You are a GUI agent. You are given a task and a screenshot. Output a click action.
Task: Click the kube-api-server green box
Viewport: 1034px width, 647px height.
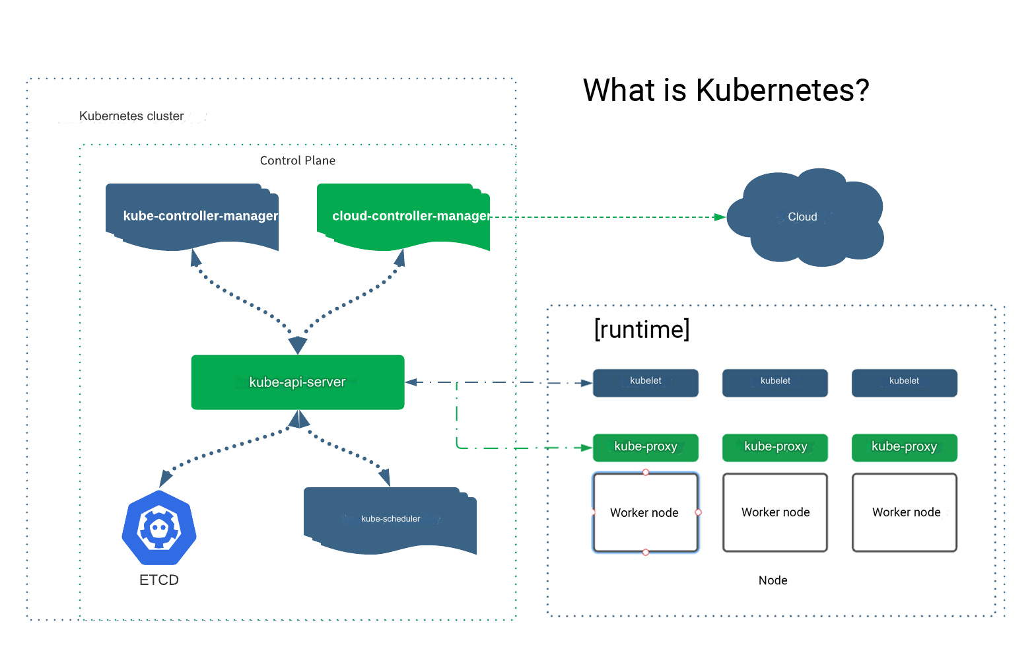[297, 382]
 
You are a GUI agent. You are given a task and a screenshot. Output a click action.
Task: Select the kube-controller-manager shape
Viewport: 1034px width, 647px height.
[192, 216]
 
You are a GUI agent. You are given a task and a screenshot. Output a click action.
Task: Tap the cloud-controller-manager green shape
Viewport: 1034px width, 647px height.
[403, 216]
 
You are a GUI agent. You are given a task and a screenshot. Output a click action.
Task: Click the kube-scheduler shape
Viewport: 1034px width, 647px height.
[390, 520]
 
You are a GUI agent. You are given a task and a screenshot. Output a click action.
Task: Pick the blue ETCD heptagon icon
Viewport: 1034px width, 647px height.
[159, 528]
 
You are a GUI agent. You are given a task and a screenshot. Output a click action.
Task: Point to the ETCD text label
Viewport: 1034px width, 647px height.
[159, 580]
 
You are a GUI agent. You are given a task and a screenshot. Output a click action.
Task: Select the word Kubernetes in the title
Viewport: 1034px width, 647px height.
[782, 90]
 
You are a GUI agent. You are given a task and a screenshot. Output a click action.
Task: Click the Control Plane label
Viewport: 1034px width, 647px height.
[298, 160]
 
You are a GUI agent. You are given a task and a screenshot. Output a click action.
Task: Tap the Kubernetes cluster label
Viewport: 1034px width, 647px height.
[131, 116]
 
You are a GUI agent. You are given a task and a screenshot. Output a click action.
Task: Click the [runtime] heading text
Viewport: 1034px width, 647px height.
[642, 329]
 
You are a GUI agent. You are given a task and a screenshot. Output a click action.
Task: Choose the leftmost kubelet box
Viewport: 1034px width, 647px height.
[645, 382]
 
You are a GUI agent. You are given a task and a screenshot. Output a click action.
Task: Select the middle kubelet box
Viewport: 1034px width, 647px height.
[775, 382]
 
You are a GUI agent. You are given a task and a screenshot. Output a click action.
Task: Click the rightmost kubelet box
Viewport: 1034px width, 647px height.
[904, 382]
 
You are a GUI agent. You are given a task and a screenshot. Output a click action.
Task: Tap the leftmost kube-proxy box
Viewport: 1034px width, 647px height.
[645, 447]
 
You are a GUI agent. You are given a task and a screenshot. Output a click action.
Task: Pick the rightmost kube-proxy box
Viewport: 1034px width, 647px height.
[904, 447]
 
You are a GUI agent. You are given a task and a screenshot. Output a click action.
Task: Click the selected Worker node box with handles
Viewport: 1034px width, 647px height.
[645, 512]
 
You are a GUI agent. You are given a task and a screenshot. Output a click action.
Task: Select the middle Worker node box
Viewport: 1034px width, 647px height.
[775, 512]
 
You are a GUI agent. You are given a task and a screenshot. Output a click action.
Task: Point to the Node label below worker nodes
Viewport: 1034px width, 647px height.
[773, 580]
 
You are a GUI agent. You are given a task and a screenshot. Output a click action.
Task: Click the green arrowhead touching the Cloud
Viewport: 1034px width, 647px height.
[720, 217]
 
